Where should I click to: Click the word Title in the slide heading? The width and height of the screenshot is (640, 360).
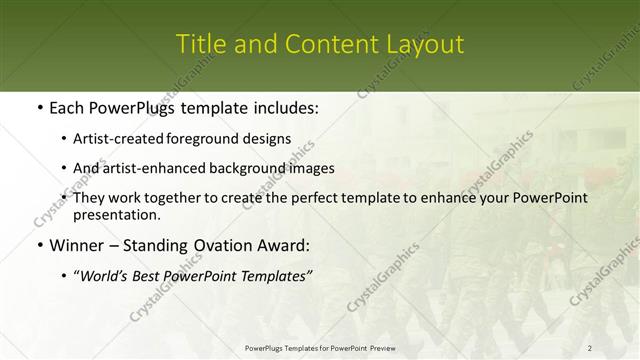coord(198,45)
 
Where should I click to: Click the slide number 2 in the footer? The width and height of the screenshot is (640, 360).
coord(590,348)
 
